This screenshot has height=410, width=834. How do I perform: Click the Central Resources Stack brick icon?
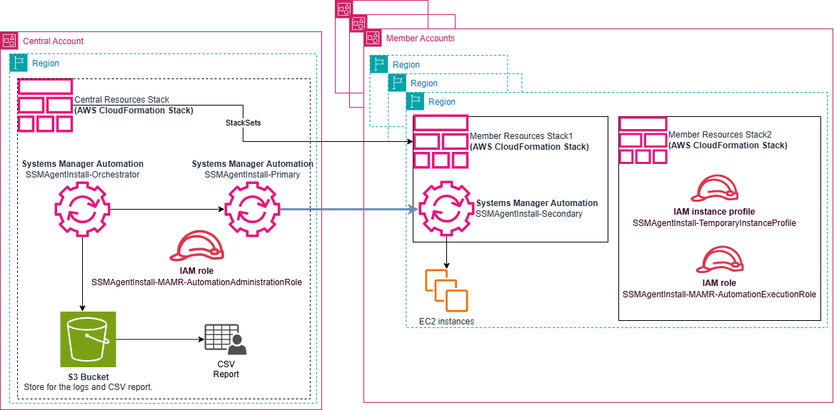point(46,106)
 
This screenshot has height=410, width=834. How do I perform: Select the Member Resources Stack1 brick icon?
point(441,141)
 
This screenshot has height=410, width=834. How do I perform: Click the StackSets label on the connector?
point(243,123)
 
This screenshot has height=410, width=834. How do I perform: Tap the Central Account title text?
point(54,41)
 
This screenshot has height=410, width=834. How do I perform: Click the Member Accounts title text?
point(420,39)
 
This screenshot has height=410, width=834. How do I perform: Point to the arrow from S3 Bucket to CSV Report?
point(156,339)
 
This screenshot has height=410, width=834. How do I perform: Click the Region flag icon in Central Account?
point(19,63)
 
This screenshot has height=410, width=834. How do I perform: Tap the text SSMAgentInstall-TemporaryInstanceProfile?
point(714,223)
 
